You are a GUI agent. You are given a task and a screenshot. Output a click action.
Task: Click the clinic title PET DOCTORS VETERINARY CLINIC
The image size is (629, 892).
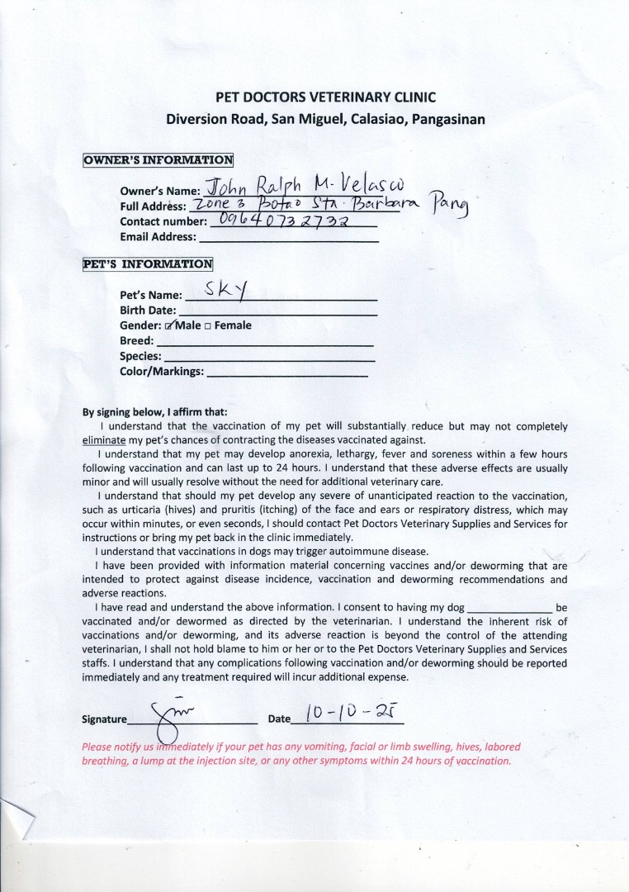pos(325,97)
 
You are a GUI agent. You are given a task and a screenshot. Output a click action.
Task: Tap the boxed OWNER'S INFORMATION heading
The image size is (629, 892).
pos(158,159)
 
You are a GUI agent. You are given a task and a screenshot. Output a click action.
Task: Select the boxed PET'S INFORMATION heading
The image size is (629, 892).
pos(148,264)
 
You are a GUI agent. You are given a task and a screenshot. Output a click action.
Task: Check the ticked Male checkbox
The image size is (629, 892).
pos(169,325)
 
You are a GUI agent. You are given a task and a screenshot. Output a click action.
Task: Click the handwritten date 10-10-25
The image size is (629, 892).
pos(346,712)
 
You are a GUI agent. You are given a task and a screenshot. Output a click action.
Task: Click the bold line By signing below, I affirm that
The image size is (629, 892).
pos(154,412)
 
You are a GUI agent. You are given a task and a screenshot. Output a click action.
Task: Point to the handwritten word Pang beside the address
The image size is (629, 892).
pos(447,208)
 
